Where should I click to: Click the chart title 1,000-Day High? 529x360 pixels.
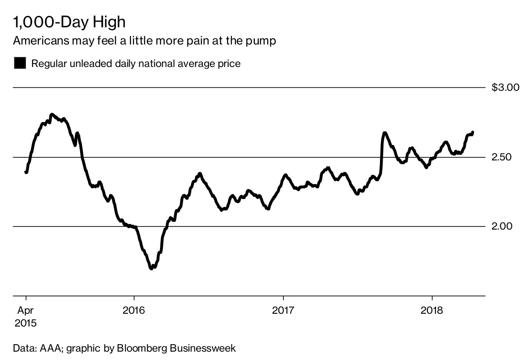[x=69, y=22]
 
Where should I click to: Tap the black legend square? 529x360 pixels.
[x=20, y=63]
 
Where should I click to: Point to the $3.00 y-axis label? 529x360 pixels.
[x=506, y=88]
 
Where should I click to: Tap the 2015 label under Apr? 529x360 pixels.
[x=26, y=323]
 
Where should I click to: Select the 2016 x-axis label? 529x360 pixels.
[x=134, y=310]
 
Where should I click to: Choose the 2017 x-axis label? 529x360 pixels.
[x=283, y=310]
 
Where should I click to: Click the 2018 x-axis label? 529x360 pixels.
[x=432, y=310]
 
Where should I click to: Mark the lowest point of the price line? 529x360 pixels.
[x=151, y=267]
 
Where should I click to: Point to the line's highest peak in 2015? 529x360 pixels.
[x=52, y=115]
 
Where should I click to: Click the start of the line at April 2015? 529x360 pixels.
[x=26, y=172]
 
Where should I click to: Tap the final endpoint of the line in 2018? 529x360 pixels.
[x=473, y=132]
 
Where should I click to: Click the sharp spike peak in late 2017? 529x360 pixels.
[x=384, y=133]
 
